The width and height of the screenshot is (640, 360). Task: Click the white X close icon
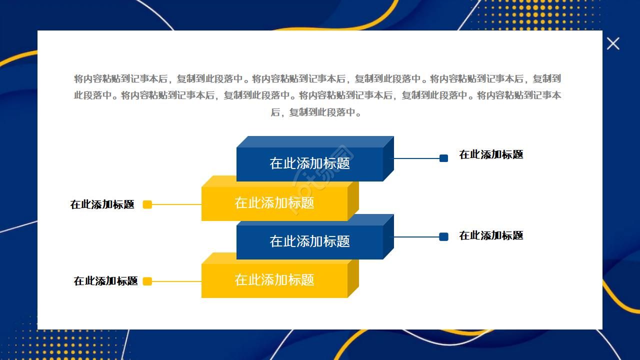click(613, 43)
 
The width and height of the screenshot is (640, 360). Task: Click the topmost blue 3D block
click(309, 163)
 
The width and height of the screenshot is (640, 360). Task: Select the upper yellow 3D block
click(274, 203)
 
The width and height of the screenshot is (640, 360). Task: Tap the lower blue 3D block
click(309, 241)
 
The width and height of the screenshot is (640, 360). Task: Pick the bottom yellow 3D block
click(274, 280)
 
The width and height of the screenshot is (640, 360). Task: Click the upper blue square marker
click(443, 158)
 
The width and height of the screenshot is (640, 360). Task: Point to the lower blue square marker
click(443, 236)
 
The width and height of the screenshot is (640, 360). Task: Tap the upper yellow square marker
click(147, 204)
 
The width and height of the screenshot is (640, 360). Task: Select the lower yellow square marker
click(147, 281)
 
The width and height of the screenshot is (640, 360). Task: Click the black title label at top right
click(491, 155)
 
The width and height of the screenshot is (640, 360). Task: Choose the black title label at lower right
click(491, 235)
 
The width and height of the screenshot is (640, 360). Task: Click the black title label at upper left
click(102, 204)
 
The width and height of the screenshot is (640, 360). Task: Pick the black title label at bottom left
click(105, 281)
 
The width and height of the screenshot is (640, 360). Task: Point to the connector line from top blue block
click(416, 158)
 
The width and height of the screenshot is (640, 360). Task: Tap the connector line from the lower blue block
click(416, 237)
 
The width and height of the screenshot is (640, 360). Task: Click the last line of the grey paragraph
click(316, 112)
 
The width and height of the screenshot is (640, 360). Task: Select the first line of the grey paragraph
click(317, 78)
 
